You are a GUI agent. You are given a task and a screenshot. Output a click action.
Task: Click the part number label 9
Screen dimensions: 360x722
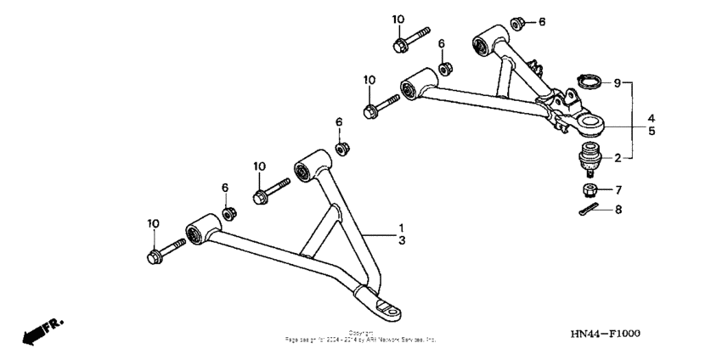618,83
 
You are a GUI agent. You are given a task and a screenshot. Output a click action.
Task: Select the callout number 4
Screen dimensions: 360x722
651,117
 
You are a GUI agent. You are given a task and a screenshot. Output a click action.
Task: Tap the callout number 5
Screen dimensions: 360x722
651,132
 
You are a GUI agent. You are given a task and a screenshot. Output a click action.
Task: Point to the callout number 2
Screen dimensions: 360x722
618,157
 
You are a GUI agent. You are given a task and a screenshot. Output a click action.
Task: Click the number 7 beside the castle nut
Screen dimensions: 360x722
618,189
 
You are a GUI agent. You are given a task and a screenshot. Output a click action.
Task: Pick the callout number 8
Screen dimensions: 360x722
618,209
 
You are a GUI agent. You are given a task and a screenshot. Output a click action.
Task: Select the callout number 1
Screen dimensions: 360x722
402,228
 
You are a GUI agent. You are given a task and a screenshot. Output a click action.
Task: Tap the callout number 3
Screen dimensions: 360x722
402,242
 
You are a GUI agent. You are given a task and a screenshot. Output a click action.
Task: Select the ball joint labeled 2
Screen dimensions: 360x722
589,157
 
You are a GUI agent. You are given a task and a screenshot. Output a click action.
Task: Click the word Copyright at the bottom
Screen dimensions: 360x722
361,333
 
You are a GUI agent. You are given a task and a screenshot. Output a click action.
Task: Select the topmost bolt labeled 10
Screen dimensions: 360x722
410,40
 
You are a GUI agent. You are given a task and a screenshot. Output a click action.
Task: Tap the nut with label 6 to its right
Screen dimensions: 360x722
516,22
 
